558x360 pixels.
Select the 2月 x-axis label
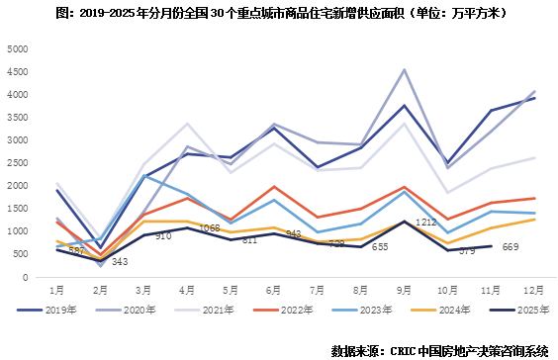tap(101, 289)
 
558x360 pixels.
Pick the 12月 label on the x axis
tap(531, 289)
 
